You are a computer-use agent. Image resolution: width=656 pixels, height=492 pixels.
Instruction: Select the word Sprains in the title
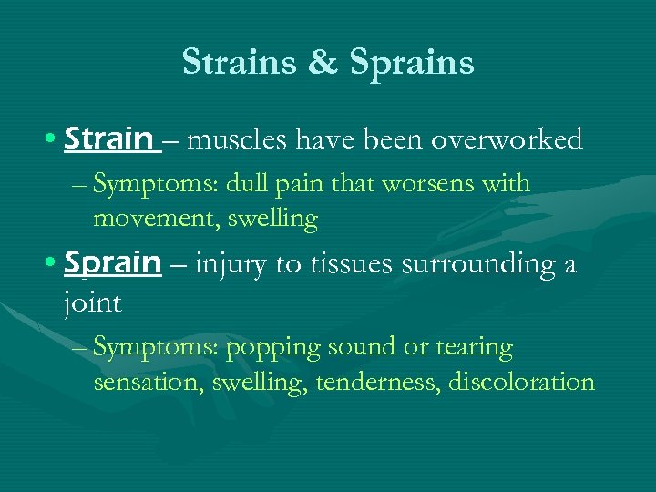click(413, 63)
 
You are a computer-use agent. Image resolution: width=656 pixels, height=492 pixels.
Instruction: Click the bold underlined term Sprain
click(113, 263)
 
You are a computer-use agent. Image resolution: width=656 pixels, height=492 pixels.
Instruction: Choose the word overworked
click(507, 139)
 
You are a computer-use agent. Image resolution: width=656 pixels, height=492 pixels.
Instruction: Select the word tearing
click(476, 348)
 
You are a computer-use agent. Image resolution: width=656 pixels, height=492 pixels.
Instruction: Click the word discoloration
click(521, 382)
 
